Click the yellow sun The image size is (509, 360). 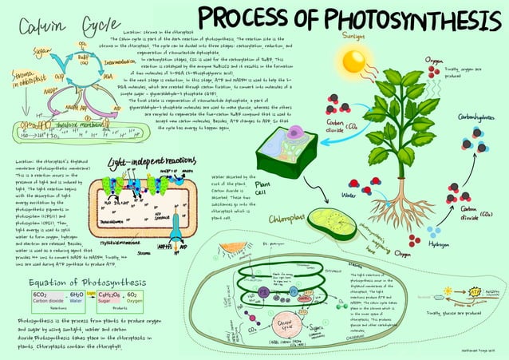point(353,61)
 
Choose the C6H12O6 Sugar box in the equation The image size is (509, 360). point(112,298)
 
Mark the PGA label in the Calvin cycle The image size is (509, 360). point(109,77)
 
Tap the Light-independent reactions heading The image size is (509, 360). point(147,161)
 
